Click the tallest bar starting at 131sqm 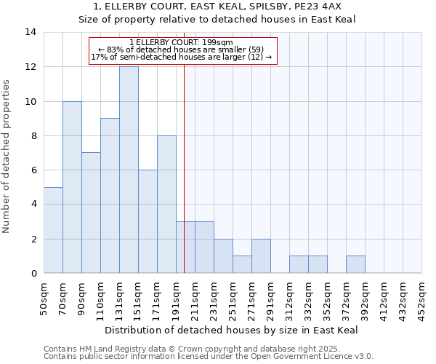pyautogui.click(x=129, y=170)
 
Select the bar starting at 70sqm pyautogui.click(x=72, y=187)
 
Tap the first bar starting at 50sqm pyautogui.click(x=53, y=230)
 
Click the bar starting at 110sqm pyautogui.click(x=110, y=196)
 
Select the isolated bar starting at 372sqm pyautogui.click(x=355, y=265)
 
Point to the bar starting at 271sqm pyautogui.click(x=261, y=256)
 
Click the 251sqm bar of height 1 pyautogui.click(x=242, y=265)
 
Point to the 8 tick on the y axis pyautogui.click(x=33, y=135)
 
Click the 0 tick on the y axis pyautogui.click(x=33, y=274)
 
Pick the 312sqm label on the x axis pyautogui.click(x=290, y=298)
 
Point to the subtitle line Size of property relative pyautogui.click(x=217, y=19)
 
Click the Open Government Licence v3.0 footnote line pyautogui.click(x=209, y=357)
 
